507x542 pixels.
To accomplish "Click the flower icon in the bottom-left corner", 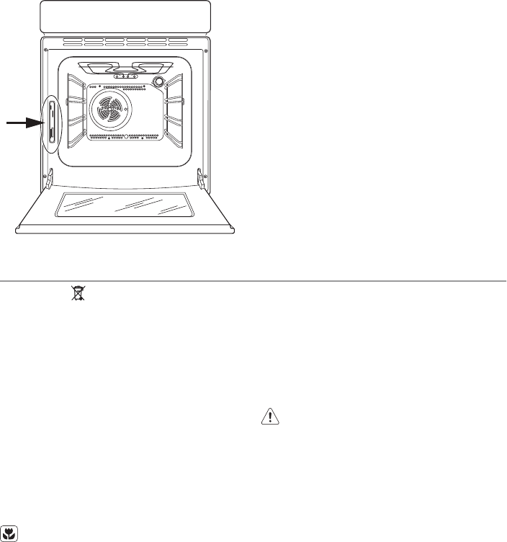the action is [x=9, y=533].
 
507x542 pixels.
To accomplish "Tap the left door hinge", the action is [x=51, y=175].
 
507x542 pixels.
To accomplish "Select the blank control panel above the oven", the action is [x=125, y=17].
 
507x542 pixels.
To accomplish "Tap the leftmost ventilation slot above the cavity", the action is [x=72, y=40].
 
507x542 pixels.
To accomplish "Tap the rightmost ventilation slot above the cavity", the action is [x=179, y=40].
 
